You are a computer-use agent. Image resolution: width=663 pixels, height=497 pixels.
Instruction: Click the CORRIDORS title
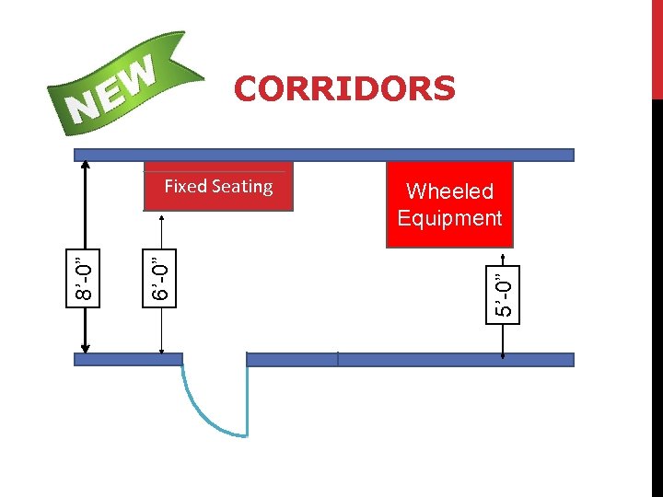344,89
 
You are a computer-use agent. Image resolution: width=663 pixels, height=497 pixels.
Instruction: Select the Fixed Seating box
218,187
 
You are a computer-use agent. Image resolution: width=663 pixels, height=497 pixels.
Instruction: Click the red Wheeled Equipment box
449,204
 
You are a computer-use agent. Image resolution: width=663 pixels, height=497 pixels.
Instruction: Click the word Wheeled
449,191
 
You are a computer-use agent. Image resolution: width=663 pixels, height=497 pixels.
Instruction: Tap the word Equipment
449,218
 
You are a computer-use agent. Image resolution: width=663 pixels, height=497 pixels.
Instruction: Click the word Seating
243,187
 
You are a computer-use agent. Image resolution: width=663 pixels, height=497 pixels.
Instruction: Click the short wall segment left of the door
128,360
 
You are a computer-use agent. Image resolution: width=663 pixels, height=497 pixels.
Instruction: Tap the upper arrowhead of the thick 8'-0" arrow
86,166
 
